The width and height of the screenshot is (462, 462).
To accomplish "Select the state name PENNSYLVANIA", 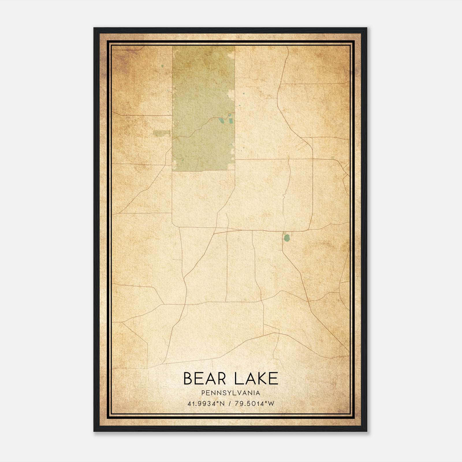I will point(231,393).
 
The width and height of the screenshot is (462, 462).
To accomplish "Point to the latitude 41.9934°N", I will point(206,404).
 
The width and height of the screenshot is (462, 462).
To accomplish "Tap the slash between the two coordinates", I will point(230,404).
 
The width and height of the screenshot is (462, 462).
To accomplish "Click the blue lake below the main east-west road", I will point(287,238).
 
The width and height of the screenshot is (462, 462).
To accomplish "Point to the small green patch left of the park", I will point(162,133).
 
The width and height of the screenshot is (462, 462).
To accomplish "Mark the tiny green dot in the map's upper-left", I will point(162,66).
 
